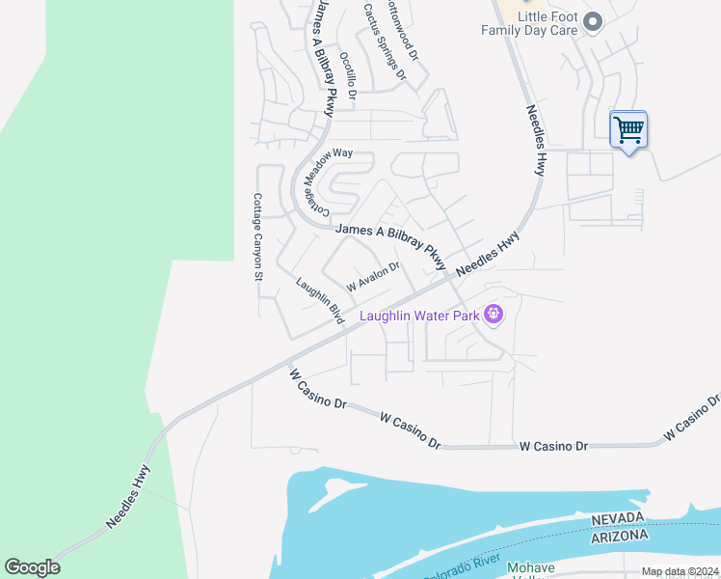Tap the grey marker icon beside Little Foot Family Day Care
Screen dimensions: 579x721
(592, 21)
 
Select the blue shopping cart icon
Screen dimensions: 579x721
(628, 129)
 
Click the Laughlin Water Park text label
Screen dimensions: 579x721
(419, 316)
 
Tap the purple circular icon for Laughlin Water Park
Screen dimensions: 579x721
(494, 315)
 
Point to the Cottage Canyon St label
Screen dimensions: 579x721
(257, 236)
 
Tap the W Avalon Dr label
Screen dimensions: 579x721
(373, 277)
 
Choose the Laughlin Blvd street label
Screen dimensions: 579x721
(320, 301)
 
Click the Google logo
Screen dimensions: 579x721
(32, 567)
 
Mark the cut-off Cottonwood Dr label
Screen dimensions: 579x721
(402, 30)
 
